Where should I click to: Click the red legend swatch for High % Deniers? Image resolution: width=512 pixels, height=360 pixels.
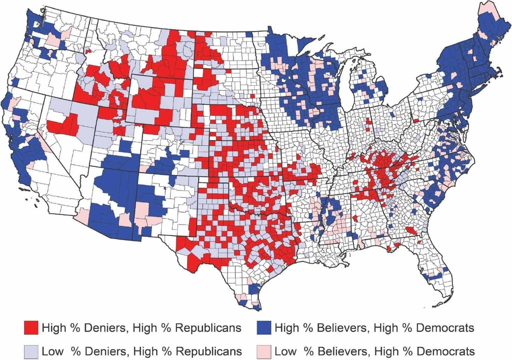31,327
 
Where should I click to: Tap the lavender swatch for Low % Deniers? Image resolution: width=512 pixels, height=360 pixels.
31,351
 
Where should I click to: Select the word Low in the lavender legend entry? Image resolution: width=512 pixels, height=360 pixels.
52,351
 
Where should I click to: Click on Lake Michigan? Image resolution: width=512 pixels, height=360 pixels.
347,91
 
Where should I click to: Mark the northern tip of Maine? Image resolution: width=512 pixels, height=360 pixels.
485,4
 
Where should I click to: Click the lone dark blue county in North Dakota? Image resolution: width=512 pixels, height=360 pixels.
249,34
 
